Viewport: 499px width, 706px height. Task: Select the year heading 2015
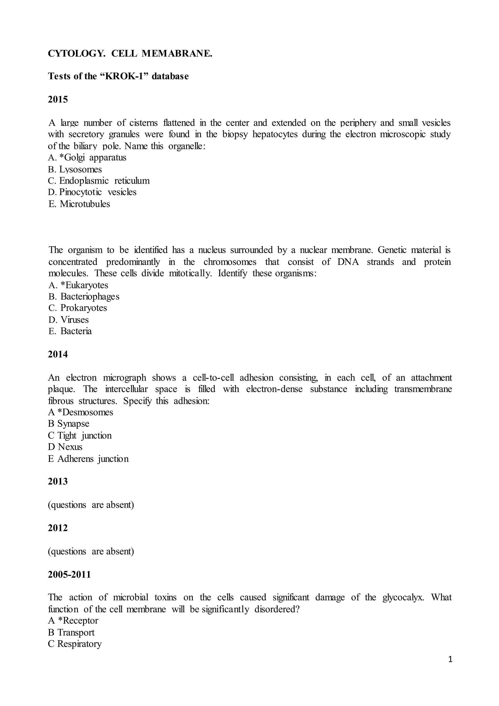click(58, 99)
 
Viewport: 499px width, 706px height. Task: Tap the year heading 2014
click(58, 354)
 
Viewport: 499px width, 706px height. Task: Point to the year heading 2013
click(58, 481)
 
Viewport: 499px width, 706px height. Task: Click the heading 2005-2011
click(69, 574)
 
